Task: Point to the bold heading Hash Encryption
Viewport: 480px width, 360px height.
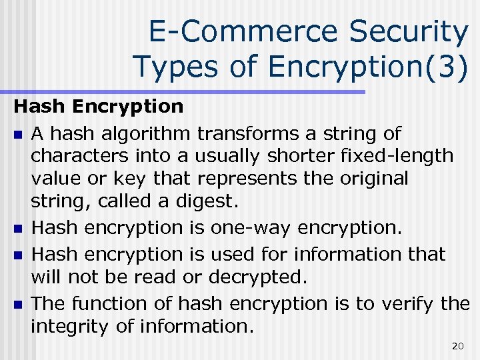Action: [x=99, y=106]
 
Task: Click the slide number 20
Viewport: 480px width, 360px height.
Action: [x=457, y=345]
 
